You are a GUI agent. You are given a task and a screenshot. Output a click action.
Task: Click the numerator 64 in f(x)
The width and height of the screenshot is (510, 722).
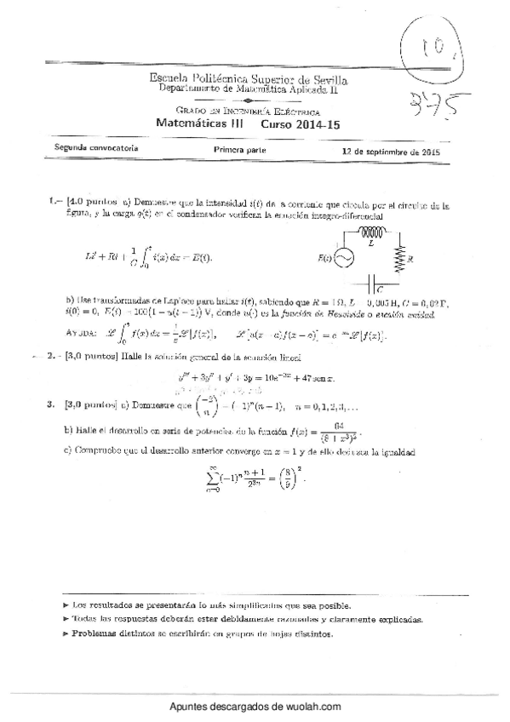(x=338, y=425)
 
